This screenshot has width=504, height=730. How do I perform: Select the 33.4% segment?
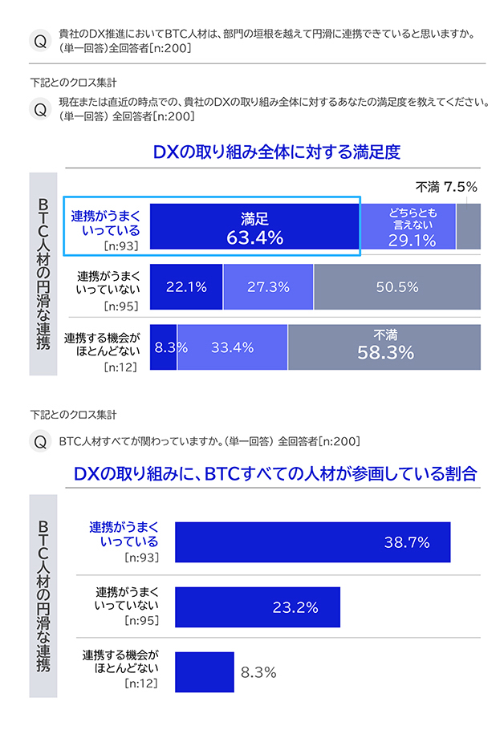tap(232, 347)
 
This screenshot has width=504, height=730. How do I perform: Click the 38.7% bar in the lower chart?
tap(312, 542)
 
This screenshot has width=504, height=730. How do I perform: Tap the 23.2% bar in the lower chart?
tap(257, 607)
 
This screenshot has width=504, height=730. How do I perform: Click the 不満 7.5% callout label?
tap(446, 187)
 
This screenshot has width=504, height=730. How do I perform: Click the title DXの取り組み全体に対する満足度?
tap(276, 152)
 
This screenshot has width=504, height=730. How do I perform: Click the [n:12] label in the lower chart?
tap(141, 684)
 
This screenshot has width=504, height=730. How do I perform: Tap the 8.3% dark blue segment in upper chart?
tap(163, 347)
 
